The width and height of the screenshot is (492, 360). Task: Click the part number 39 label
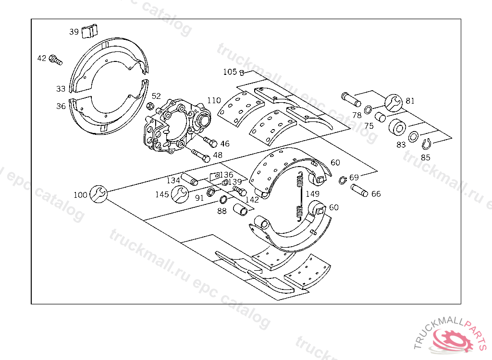tap(74, 32)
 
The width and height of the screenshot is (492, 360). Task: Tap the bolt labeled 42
tap(55, 60)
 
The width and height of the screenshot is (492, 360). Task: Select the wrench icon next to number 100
tap(98, 194)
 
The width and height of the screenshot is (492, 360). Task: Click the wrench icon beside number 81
tap(393, 102)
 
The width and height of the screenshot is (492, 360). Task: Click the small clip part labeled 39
tap(89, 31)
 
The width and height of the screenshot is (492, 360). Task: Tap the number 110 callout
tap(214, 100)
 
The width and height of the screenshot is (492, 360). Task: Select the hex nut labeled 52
tap(149, 106)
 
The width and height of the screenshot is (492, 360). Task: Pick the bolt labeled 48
tap(200, 155)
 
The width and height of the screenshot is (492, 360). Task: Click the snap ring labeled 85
tap(426, 144)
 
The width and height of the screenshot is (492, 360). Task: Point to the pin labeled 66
tap(359, 190)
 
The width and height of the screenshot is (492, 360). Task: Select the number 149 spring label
tap(312, 194)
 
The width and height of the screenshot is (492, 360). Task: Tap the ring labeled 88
tap(224, 200)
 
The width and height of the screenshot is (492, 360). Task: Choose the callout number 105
tap(230, 72)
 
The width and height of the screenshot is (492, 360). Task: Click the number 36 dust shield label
tap(61, 106)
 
